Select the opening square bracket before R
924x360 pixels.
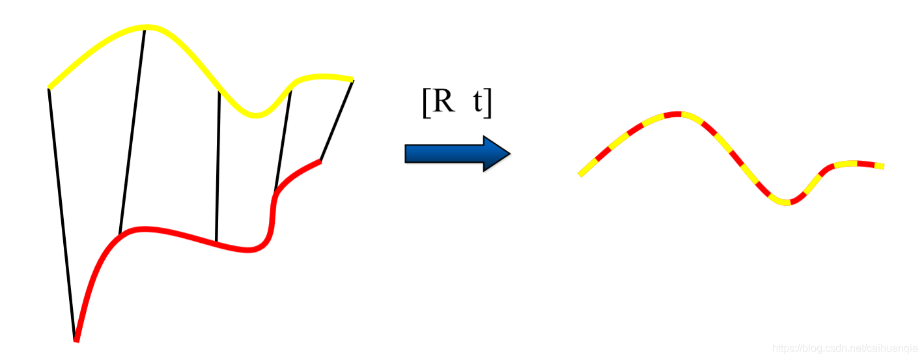point(426,104)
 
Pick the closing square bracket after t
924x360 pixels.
point(488,104)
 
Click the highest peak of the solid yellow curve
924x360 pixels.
point(147,27)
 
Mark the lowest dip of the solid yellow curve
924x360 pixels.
point(257,116)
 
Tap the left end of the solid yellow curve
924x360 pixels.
point(50,87)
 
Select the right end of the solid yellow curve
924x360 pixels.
point(352,79)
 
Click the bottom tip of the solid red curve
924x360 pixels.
point(76,339)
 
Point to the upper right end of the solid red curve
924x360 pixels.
point(319,161)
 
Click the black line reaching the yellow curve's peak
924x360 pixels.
point(132,130)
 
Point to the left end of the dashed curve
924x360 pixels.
point(580,174)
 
